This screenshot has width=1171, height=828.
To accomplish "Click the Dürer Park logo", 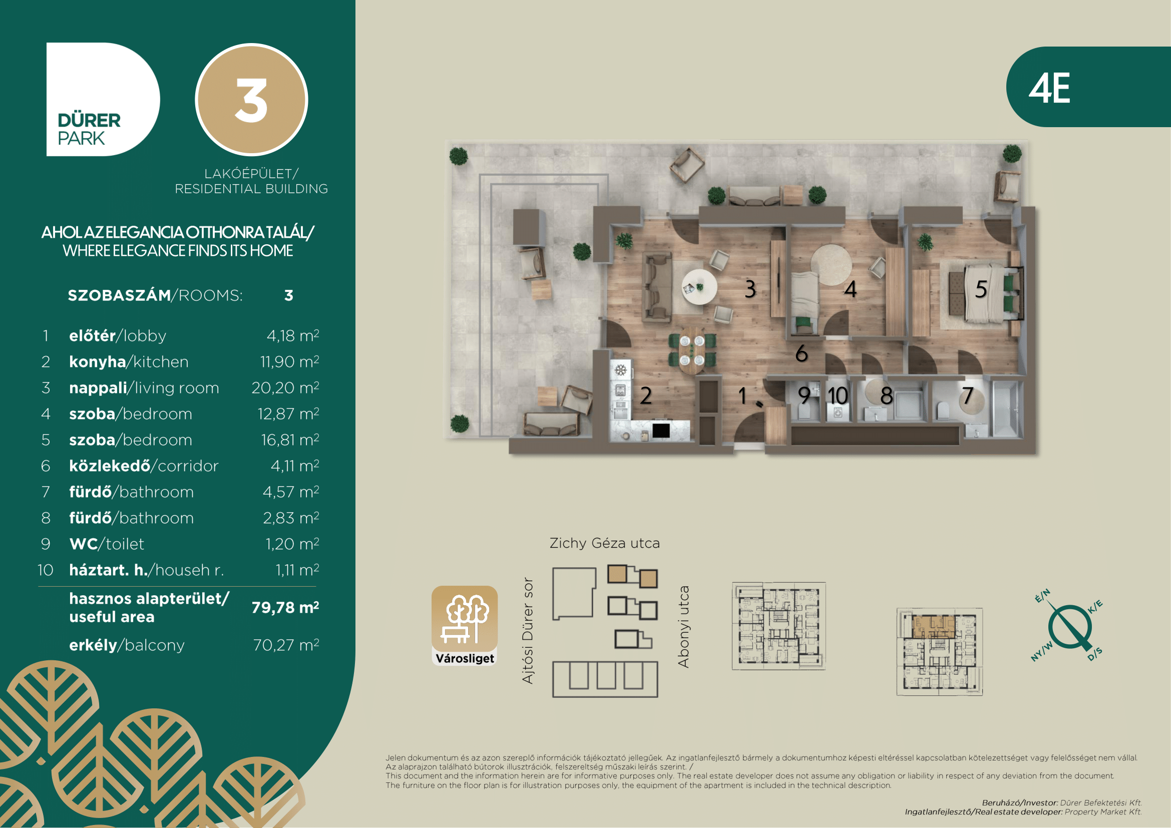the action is tap(103, 100).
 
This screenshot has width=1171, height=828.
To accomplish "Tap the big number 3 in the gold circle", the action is tap(251, 101).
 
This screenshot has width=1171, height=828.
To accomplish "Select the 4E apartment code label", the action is tap(1049, 88).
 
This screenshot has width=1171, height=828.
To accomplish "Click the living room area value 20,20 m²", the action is tap(285, 387).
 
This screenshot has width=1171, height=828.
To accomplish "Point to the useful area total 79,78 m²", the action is tap(285, 607).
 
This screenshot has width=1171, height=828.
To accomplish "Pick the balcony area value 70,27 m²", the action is tap(286, 645).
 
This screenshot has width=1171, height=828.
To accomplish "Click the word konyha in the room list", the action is tap(98, 361).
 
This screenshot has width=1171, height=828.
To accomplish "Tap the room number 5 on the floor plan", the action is tap(981, 289).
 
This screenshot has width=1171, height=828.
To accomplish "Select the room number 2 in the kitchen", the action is tap(646, 395).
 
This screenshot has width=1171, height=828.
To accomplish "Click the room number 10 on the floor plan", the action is tap(838, 395).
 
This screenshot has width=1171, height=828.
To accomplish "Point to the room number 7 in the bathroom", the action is tap(968, 395).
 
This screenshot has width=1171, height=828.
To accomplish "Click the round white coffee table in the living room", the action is tap(699, 286).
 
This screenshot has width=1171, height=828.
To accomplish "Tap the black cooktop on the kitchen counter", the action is tap(661, 431).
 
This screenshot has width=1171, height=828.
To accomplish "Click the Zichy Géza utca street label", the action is tap(604, 544).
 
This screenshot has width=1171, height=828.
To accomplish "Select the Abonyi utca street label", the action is tap(683, 627).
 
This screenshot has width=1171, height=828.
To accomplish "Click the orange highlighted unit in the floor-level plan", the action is tap(933, 626).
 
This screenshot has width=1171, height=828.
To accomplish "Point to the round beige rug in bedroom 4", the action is tap(831, 264).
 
